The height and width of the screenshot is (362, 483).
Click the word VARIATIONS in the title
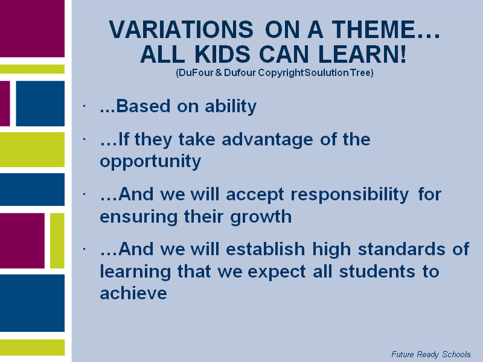(181, 30)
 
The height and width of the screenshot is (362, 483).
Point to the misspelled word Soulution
(327, 72)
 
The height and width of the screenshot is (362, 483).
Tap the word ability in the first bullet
(231, 107)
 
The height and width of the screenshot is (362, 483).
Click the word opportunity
(150, 162)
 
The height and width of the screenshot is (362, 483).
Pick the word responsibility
(350, 195)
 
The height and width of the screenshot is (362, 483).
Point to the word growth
(261, 217)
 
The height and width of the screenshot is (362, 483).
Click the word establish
(266, 249)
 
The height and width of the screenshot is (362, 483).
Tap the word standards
(401, 249)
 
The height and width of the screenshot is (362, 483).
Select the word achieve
(133, 293)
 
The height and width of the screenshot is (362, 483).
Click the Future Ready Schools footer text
(431, 354)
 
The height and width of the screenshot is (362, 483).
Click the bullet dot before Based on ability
(84, 106)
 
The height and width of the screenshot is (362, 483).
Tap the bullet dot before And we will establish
(84, 249)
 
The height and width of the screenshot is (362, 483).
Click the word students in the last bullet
(377, 271)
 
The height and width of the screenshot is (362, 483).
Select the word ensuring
(139, 217)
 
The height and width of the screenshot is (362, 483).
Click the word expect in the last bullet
(277, 272)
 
